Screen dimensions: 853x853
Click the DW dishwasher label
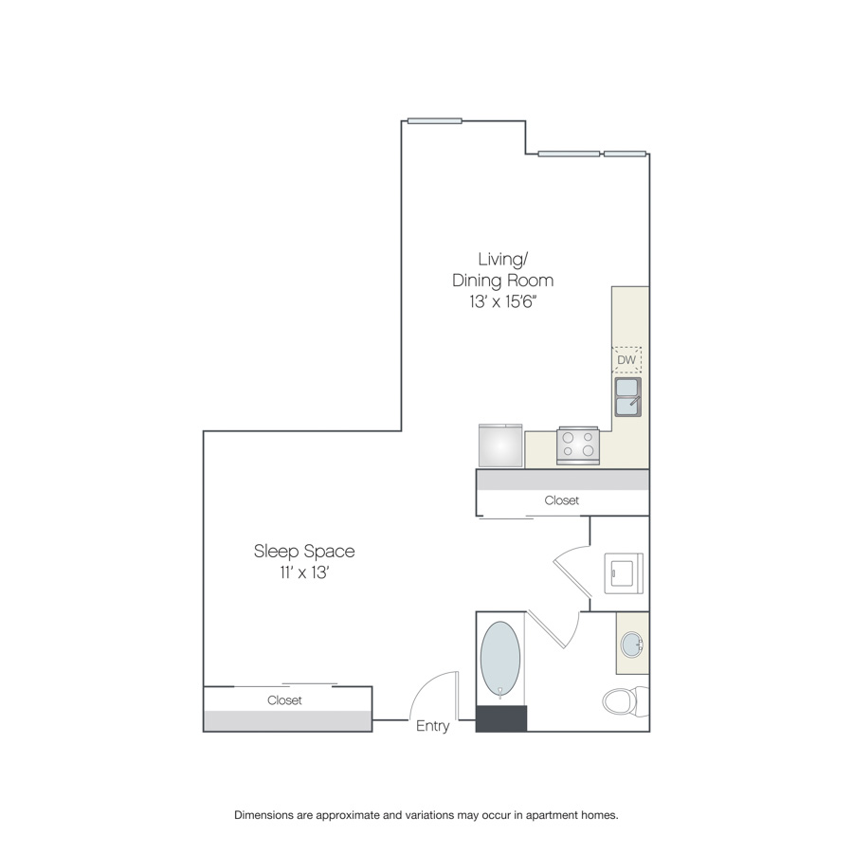click(626, 359)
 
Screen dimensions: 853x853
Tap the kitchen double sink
click(627, 397)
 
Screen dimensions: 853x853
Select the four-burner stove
click(578, 445)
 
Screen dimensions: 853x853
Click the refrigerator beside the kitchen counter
click(500, 445)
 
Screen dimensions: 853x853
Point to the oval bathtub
click(499, 660)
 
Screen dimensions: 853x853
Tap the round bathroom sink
click(632, 644)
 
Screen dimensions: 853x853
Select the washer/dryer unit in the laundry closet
click(624, 573)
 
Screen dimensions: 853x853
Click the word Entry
click(432, 726)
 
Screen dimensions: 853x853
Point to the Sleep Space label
click(304, 551)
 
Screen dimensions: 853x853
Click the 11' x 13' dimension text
click(304, 572)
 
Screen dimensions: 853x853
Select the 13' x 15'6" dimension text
click(503, 301)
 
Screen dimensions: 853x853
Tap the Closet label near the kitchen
click(561, 500)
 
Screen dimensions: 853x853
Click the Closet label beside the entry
click(284, 700)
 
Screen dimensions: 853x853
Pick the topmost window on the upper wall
click(435, 120)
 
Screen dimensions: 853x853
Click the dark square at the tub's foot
click(501, 718)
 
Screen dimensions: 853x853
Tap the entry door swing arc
click(428, 686)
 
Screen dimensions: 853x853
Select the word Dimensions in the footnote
click(263, 815)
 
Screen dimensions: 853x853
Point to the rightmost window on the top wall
click(626, 154)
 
